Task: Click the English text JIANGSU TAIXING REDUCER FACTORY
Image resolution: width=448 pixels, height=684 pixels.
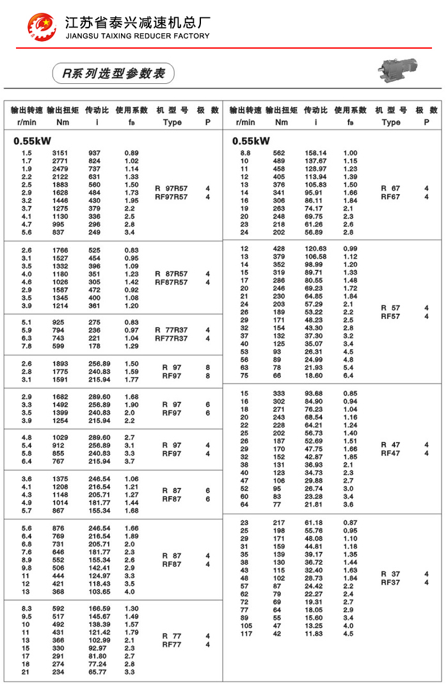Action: tap(138, 36)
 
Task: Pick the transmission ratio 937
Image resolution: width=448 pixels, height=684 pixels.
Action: tap(94, 153)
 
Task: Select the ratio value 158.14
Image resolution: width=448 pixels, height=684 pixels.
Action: tap(316, 153)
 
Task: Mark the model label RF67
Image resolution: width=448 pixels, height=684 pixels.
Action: tap(390, 197)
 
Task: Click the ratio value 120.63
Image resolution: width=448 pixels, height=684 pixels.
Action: tap(316, 248)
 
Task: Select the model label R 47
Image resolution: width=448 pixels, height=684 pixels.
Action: tap(390, 444)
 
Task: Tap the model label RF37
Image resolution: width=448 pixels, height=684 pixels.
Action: tap(390, 582)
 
